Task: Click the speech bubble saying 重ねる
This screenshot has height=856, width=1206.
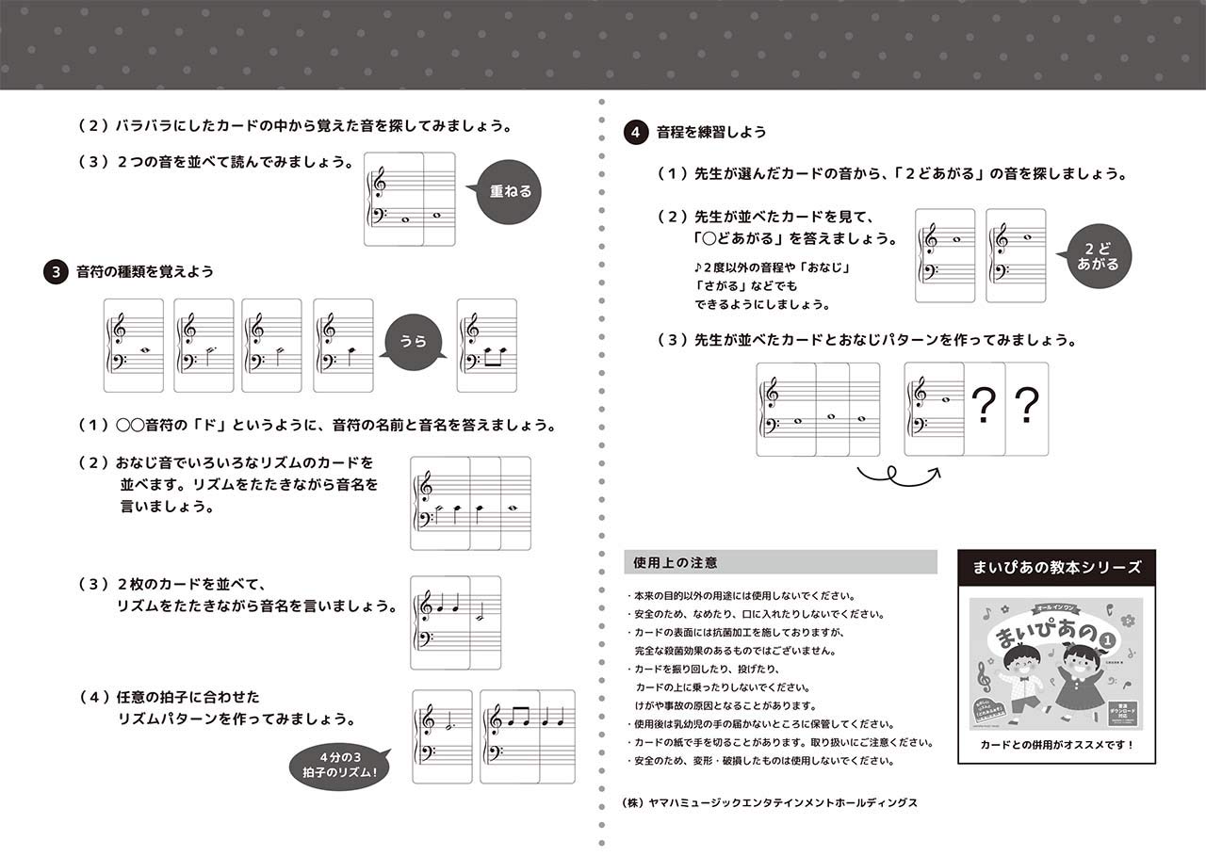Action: click(510, 192)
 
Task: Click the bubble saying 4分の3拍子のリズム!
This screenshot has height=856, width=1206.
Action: click(340, 764)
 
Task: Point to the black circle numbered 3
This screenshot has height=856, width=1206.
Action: click(56, 272)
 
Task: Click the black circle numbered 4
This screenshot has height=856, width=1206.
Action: click(636, 134)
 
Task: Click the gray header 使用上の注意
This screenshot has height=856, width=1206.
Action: click(780, 562)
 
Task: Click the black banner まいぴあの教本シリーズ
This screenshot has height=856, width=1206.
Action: click(1056, 568)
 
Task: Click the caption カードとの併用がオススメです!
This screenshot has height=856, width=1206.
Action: click(1056, 745)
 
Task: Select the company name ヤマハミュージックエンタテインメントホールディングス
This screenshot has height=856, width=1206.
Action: click(770, 802)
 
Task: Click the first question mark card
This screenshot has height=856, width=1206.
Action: click(984, 409)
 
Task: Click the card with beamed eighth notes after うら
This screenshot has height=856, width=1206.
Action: click(486, 346)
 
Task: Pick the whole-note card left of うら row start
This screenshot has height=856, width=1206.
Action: click(133, 346)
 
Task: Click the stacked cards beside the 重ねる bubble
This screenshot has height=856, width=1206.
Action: click(409, 200)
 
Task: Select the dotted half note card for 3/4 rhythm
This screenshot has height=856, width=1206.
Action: click(442, 736)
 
